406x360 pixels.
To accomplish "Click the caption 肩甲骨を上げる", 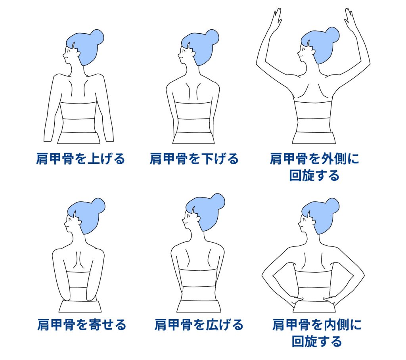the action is click(x=80, y=159).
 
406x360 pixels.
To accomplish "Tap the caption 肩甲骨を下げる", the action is click(x=194, y=159).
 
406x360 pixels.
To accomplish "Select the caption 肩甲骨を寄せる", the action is click(x=82, y=325).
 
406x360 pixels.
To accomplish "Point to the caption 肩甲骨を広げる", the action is click(x=199, y=325).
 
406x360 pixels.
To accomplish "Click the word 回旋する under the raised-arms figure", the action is click(x=314, y=175).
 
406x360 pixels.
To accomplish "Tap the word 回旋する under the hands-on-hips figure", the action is click(x=317, y=341).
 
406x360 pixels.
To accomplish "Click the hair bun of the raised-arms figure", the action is click(x=332, y=35).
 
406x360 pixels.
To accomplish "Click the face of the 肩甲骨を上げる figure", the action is click(x=69, y=54).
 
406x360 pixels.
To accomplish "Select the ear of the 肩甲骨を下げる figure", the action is click(x=193, y=53).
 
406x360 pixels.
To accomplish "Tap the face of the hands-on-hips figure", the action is click(x=304, y=222).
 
